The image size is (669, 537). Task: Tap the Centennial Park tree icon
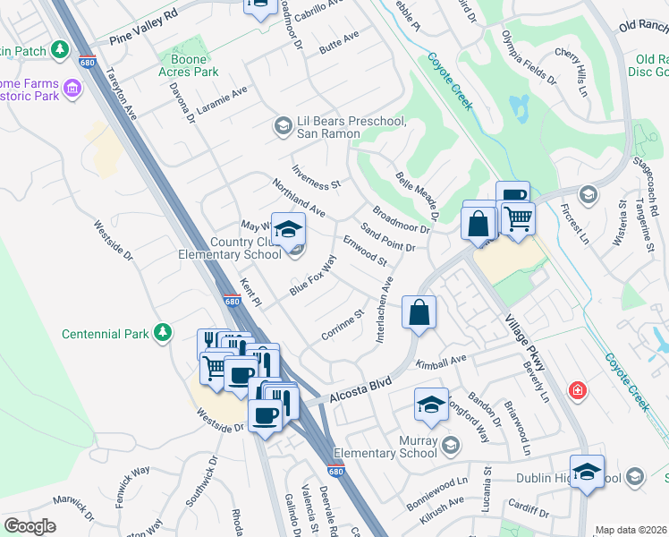pos(162,334)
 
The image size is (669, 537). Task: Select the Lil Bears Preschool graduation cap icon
pos(283,126)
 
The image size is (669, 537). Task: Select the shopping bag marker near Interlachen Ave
pos(419,313)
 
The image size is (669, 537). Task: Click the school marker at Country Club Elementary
pos(289,231)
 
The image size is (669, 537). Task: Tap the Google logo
pos(30,526)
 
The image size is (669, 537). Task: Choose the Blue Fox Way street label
pos(312,277)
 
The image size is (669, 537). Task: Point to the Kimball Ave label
pos(442,363)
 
